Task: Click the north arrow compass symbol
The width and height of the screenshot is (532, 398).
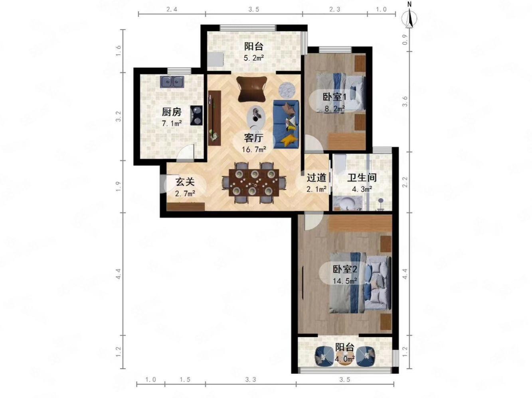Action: [409, 17]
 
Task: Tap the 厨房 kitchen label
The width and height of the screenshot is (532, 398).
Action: [171, 112]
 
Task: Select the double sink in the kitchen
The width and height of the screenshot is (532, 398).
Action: [172, 82]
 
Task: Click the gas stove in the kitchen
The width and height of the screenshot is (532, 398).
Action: [196, 116]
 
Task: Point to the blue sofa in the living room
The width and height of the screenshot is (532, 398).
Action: [286, 124]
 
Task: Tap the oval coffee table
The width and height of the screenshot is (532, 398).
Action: [255, 118]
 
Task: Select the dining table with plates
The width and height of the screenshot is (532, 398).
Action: [254, 182]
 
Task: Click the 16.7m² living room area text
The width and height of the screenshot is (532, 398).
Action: [254, 149]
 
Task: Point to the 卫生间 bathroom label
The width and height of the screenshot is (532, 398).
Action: [362, 178]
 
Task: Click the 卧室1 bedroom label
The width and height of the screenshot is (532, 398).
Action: [334, 97]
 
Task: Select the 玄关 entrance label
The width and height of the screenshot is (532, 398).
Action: [185, 182]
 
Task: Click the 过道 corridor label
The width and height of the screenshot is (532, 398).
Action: [316, 178]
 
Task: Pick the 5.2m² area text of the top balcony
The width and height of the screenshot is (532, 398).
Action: [254, 58]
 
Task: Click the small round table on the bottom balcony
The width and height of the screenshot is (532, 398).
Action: [345, 358]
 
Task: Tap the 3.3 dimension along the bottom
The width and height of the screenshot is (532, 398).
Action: [250, 380]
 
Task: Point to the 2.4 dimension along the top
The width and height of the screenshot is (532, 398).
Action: [172, 9]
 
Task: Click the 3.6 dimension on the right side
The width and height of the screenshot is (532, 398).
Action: [405, 101]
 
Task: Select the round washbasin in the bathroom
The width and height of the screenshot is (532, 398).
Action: [348, 203]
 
